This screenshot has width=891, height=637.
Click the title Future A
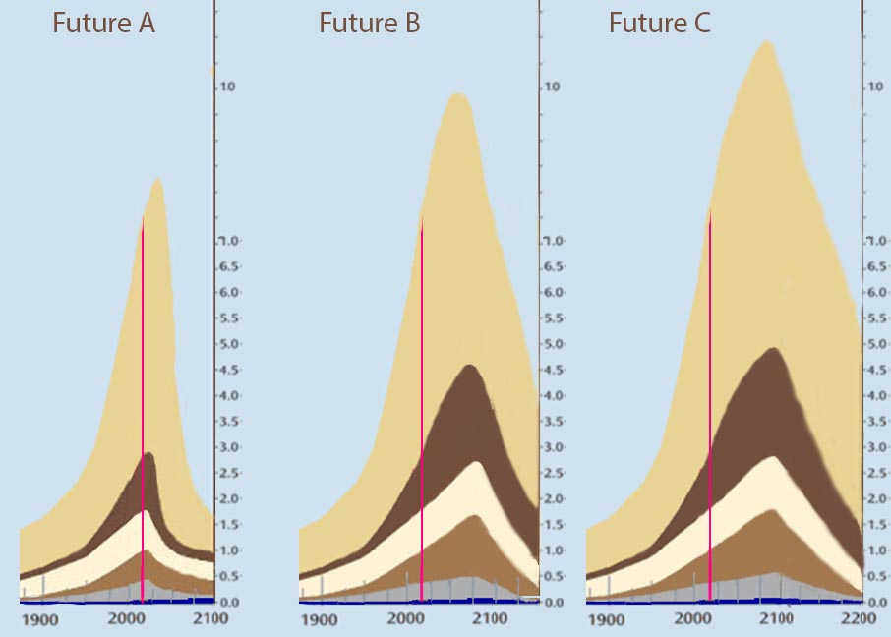coord(103,25)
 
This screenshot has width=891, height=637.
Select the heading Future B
coord(369,25)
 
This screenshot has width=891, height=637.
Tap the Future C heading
coord(659,25)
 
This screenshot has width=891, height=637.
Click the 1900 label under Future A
coord(41,619)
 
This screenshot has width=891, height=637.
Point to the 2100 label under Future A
coord(209,619)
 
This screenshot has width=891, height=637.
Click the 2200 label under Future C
coord(858,619)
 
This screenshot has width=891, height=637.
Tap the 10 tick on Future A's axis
coord(228,87)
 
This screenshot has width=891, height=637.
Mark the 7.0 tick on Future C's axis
coord(876,241)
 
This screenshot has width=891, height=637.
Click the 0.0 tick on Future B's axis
coord(555,602)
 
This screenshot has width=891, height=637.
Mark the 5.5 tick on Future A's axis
coord(229,318)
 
